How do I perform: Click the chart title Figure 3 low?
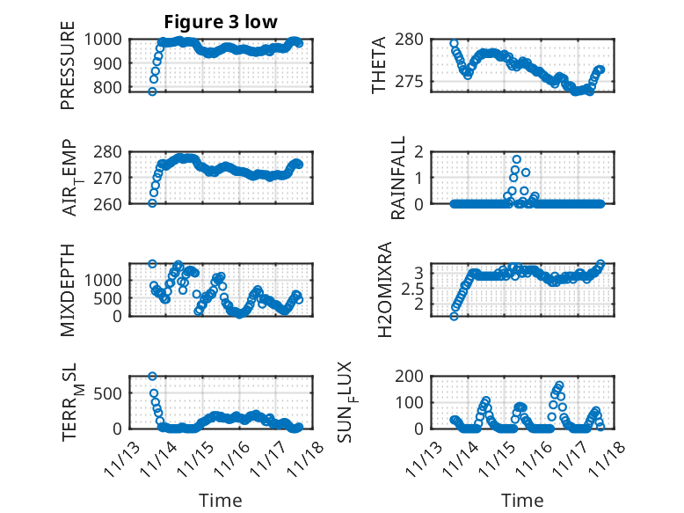221,23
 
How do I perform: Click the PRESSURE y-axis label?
68,65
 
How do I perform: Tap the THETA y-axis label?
379,65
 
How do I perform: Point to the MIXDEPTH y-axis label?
68,289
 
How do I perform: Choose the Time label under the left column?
221,500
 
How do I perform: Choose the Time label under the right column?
522,500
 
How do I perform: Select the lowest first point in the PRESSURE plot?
152,92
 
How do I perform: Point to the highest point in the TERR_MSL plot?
152,377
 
